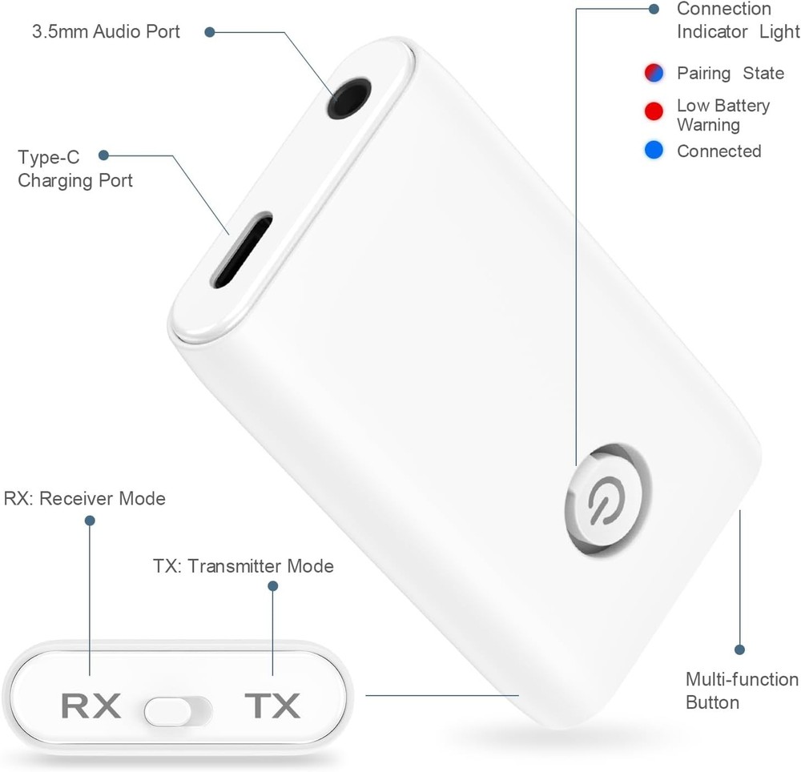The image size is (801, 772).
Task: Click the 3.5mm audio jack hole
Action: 350,99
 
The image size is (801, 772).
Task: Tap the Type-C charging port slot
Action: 241,249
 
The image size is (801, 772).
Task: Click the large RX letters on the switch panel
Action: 91,706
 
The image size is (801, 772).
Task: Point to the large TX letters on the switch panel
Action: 272,706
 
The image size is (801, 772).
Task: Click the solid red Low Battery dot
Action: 654,111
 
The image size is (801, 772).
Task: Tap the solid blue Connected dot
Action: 654,150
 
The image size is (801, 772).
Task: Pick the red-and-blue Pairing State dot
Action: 654,73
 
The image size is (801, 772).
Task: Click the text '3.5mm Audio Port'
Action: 106,32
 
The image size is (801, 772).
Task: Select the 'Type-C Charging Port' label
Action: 75,168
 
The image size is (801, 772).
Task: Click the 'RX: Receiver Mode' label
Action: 85,498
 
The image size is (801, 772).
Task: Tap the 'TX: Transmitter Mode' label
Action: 244,566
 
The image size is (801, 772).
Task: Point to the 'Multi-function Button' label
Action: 742,690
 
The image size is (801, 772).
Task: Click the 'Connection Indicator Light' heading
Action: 738,20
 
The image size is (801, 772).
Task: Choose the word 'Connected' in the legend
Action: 718,151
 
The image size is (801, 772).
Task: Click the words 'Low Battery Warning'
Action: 723,115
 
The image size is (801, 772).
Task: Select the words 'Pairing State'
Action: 730,73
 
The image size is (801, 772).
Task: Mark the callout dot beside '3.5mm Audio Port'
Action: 210,32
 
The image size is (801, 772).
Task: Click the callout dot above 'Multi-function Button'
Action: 739,649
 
